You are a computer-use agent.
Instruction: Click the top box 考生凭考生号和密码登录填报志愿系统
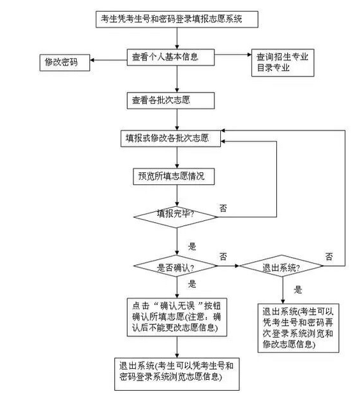(x=177, y=19)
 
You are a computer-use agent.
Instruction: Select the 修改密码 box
(x=65, y=63)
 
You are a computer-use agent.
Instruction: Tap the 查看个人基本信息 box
(x=170, y=57)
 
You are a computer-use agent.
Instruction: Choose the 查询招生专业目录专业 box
(x=283, y=63)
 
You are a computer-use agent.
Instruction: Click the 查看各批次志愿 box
(x=170, y=100)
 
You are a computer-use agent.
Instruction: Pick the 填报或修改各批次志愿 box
(x=170, y=139)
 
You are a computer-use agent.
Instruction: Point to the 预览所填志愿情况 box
(x=174, y=176)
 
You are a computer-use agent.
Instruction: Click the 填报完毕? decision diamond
(x=176, y=217)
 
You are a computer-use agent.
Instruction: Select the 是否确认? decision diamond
(x=176, y=266)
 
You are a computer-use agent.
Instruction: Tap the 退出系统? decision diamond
(x=281, y=266)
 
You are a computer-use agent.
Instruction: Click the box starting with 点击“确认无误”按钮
(x=177, y=317)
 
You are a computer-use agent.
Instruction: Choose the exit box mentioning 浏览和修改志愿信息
(x=298, y=328)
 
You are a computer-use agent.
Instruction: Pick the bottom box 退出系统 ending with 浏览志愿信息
(x=177, y=374)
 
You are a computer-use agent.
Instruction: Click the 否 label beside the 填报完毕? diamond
(x=223, y=208)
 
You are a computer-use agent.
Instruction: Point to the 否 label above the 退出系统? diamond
(x=329, y=257)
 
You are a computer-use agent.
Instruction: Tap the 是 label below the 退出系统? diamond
(x=298, y=290)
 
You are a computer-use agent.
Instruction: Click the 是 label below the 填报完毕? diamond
(x=192, y=246)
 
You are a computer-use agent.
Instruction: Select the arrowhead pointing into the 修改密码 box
(x=92, y=60)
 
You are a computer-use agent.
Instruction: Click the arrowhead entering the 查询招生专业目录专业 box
(x=250, y=54)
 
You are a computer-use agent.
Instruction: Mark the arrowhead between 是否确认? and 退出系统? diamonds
(x=237, y=266)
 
